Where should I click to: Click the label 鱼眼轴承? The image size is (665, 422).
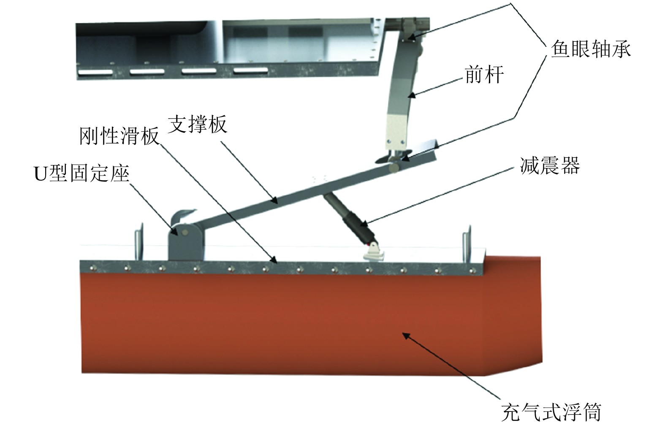(591, 49)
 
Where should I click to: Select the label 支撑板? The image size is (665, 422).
(198, 124)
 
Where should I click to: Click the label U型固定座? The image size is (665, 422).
(82, 173)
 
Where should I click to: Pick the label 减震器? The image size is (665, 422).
(550, 165)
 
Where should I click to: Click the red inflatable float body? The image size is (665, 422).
(312, 324)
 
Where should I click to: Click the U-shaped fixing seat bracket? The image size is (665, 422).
(185, 238)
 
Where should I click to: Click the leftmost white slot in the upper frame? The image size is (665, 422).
(95, 72)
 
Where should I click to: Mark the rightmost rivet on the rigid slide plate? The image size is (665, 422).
(472, 271)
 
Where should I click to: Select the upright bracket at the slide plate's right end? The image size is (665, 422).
(467, 245)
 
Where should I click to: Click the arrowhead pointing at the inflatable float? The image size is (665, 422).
(406, 336)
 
